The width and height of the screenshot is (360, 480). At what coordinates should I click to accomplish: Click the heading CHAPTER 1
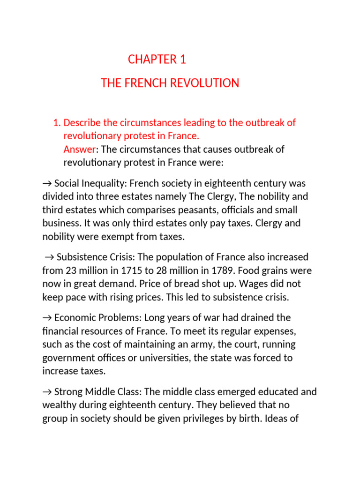157,60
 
